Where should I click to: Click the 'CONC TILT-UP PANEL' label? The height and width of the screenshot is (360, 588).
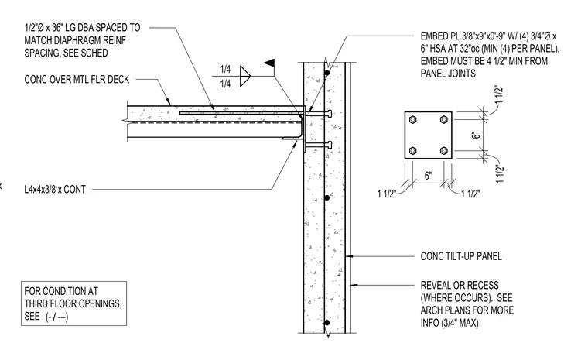click(461, 256)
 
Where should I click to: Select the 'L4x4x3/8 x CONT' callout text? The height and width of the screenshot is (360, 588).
click(55, 189)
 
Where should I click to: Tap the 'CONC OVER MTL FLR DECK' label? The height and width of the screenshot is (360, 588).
click(77, 80)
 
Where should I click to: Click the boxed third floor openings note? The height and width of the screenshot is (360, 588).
click(73, 303)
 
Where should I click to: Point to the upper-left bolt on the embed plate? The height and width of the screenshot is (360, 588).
click(412, 120)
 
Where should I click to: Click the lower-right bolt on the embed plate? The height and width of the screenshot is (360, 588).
click(444, 151)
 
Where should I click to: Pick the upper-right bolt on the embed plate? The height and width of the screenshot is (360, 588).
click(444, 120)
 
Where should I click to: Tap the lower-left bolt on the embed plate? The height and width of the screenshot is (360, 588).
click(412, 151)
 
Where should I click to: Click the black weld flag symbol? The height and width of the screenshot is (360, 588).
click(269, 63)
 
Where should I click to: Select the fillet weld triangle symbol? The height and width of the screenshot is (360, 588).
click(245, 76)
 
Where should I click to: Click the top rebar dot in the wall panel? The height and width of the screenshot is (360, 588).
click(327, 73)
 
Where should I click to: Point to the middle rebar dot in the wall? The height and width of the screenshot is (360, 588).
click(327, 197)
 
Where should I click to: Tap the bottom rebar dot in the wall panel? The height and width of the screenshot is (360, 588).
click(327, 323)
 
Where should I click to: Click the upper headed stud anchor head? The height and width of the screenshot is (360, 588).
click(330, 113)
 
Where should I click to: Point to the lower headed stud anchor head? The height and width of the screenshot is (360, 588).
click(330, 145)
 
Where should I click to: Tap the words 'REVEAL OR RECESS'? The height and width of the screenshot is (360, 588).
click(460, 286)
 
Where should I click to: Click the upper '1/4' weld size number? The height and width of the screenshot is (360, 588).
click(225, 69)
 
